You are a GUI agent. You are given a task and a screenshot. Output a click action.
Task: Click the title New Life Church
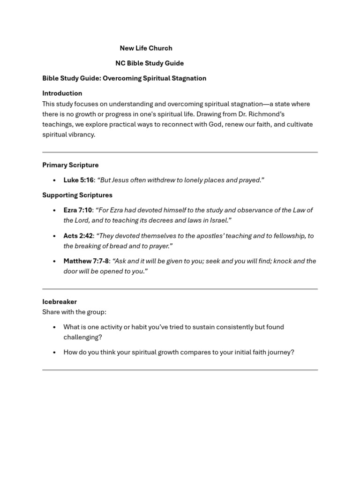(x=146, y=48)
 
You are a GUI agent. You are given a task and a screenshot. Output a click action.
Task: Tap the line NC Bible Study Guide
(x=150, y=63)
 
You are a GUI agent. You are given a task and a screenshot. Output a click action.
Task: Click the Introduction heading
(x=62, y=93)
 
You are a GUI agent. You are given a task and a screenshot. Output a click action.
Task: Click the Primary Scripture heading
(x=70, y=165)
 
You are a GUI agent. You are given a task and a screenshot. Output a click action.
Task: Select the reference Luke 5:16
(x=78, y=180)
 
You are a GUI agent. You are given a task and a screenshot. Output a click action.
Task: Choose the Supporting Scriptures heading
(x=77, y=195)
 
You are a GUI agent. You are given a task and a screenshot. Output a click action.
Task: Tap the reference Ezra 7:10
(x=78, y=210)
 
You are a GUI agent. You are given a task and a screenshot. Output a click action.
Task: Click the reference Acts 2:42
(x=78, y=236)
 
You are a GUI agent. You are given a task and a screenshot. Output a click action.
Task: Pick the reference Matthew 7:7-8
(x=86, y=261)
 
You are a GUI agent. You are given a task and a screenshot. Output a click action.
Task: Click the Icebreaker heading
(x=60, y=302)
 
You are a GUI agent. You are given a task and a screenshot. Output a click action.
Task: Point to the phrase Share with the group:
(x=74, y=312)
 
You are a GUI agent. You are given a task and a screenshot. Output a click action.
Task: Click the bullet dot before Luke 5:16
(x=54, y=180)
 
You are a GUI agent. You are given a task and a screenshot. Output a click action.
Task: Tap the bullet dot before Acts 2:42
(x=54, y=236)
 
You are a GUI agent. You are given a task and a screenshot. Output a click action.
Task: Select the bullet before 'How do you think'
(x=54, y=352)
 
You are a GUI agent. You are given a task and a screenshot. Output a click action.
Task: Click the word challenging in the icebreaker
(x=82, y=337)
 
